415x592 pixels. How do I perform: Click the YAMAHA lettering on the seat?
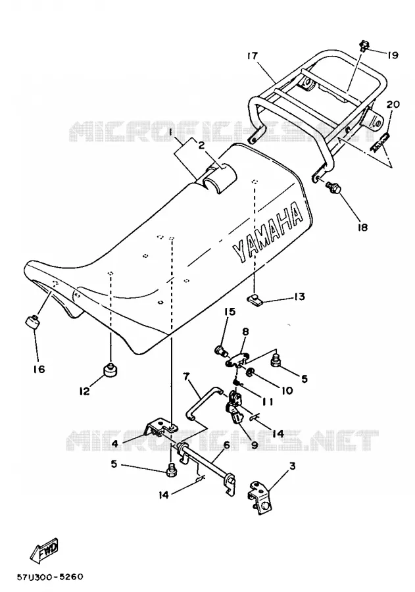tap(267, 232)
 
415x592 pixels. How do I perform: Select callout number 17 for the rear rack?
tap(252, 56)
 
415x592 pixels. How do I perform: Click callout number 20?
tap(393, 103)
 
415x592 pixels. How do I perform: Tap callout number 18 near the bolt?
tap(362, 228)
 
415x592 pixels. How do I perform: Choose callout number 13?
tap(299, 297)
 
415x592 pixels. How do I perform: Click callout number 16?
tap(39, 368)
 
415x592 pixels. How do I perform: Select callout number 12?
tap(84, 391)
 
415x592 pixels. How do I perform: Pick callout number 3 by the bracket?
tap(292, 466)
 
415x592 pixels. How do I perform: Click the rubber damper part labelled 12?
tap(110, 370)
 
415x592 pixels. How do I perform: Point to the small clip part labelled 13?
tap(255, 299)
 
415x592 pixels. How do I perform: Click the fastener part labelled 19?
tap(364, 45)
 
